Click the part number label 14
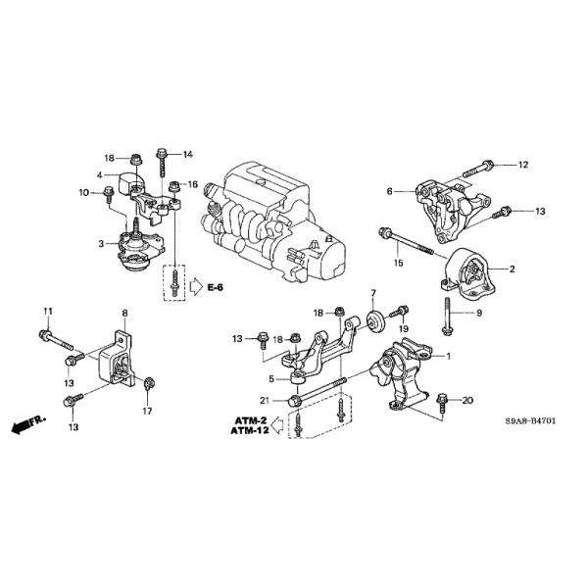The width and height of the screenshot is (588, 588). [189, 154]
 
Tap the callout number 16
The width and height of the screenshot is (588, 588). [193, 184]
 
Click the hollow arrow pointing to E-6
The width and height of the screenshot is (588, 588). [196, 286]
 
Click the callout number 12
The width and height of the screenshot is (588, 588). [522, 165]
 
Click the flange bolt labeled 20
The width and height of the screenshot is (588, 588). [440, 401]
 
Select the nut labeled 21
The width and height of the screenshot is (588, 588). [295, 400]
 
